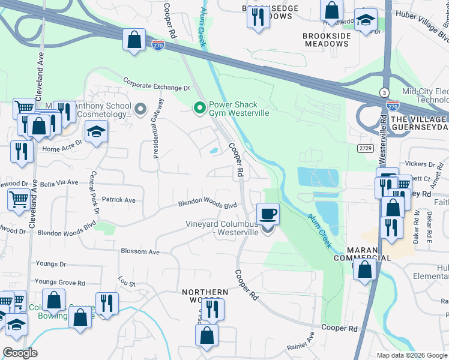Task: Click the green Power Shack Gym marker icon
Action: point(200,108)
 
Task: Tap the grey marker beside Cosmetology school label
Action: point(140,109)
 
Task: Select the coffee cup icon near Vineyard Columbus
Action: point(268,214)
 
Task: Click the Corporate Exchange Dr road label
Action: point(156,83)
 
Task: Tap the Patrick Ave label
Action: point(118,200)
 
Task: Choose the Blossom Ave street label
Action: point(140,252)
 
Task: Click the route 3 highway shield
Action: point(383,92)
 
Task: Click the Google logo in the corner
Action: point(20,353)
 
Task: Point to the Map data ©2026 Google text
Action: point(412,355)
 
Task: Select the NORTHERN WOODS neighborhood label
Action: point(205,296)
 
